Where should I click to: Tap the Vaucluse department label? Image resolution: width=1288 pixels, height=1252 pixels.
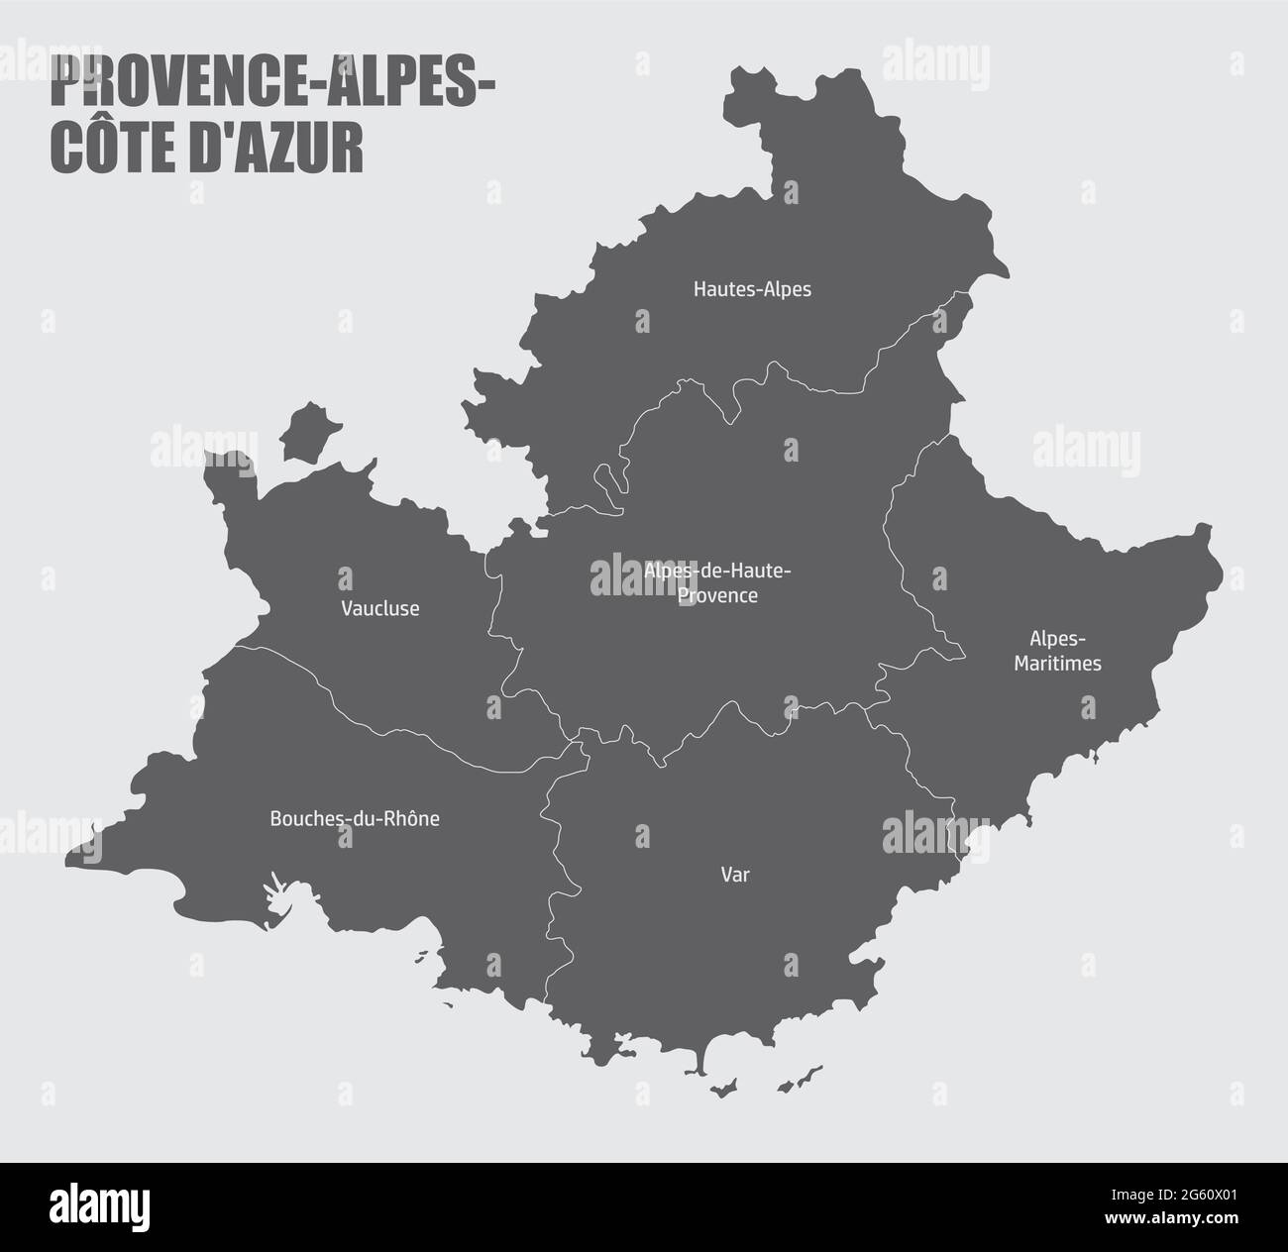pos(379,608)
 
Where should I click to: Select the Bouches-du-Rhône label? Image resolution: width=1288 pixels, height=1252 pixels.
pos(355,819)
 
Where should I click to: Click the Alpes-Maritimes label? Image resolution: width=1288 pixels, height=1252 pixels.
pos(1057,651)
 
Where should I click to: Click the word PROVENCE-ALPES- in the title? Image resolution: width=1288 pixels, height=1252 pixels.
pos(273,84)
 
